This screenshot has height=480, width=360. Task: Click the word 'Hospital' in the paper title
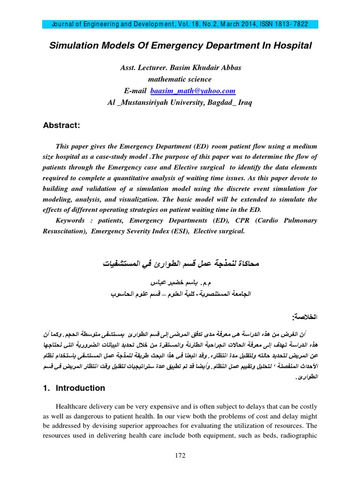click(291, 45)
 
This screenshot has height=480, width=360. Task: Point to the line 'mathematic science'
click(180, 80)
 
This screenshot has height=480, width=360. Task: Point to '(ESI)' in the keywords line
click(179, 231)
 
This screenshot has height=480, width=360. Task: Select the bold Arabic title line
click(180, 264)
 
